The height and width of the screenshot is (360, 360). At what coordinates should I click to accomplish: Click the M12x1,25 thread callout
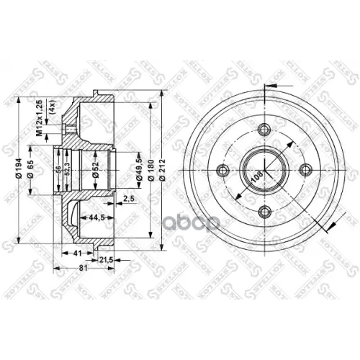pos(40,117)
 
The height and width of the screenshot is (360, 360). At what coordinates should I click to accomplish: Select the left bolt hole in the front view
pos(222,171)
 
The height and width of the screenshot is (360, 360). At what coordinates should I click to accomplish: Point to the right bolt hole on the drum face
pos(306,171)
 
